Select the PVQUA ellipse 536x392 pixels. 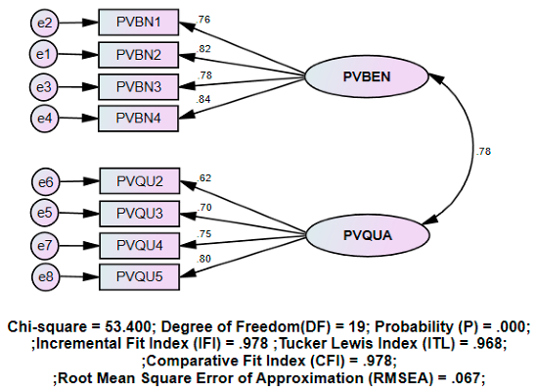pyautogui.click(x=367, y=235)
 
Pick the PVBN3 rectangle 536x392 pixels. pyautogui.click(x=140, y=87)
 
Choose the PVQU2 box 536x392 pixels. pyautogui.click(x=140, y=180)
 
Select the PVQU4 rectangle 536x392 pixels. pyautogui.click(x=140, y=242)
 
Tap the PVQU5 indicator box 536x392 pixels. pyautogui.click(x=140, y=275)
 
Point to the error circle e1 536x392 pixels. pyautogui.click(x=45, y=53)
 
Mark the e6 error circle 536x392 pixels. pyautogui.click(x=45, y=180)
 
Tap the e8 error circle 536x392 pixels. pyautogui.click(x=45, y=275)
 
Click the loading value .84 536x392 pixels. pyautogui.click(x=204, y=99)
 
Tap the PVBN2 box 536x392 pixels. pyautogui.click(x=140, y=53)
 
